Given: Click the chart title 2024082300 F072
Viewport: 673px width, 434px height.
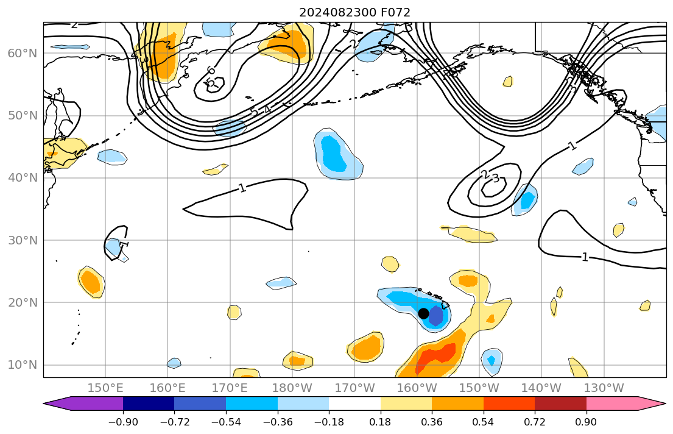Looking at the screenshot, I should [354, 12].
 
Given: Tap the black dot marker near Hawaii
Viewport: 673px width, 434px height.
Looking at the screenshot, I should [423, 313].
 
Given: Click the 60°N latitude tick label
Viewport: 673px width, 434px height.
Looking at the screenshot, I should [23, 54].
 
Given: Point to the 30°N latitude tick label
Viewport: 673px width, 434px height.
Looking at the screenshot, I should [23, 240].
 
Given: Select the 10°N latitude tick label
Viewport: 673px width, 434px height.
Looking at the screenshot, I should [23, 365].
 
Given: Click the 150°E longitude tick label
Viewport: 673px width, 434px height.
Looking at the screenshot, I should [106, 388].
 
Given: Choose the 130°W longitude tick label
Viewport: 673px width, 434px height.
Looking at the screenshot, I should [604, 388].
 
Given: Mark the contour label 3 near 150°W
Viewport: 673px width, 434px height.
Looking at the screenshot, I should [495, 179].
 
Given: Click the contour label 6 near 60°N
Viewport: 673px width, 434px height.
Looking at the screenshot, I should [211, 71].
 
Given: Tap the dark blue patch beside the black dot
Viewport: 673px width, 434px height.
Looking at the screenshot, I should [435, 316].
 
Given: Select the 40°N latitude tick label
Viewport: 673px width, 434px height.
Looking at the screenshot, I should [23, 178].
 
